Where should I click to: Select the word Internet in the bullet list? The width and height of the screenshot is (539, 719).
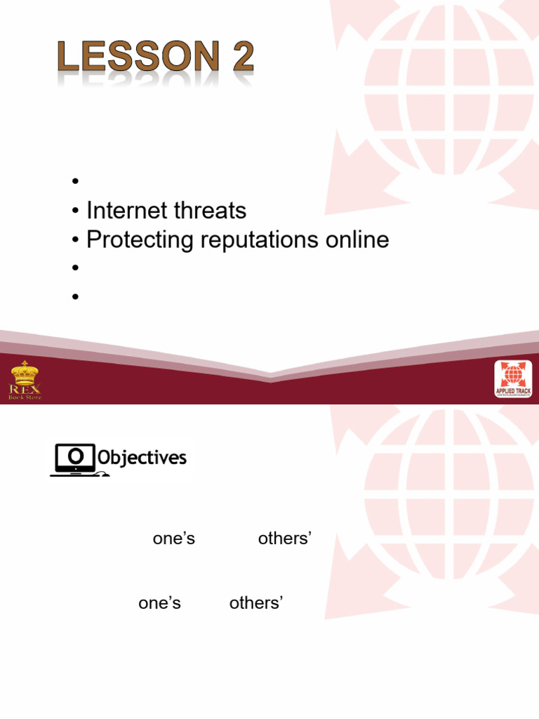tap(126, 210)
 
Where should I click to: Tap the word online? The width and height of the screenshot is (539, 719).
tap(358, 240)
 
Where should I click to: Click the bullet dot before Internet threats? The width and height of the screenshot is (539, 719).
tap(74, 211)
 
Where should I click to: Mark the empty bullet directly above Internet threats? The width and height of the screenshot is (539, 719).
tap(74, 182)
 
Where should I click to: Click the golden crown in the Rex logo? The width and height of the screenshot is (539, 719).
tap(25, 372)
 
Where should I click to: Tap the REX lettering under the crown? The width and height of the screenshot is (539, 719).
tap(25, 389)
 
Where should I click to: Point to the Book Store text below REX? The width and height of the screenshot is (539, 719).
tap(25, 397)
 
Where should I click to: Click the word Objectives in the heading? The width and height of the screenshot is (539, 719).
tap(142, 459)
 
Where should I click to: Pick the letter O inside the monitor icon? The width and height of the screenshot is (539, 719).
tap(76, 457)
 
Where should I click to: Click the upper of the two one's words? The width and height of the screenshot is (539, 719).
tap(174, 539)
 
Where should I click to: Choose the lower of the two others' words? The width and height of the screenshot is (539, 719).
tap(256, 603)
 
